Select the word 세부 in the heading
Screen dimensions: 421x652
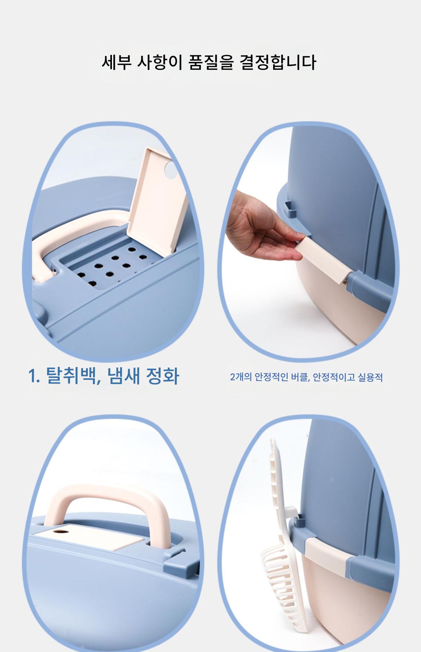[117, 62]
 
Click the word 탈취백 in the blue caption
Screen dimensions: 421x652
[73, 376]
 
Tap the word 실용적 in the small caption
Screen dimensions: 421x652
[370, 378]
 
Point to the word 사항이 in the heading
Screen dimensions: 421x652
[160, 62]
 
